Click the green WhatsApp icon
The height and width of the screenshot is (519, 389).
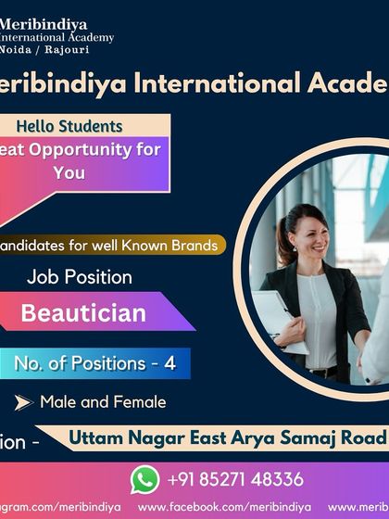[x=144, y=478]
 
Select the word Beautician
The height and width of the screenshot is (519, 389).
[x=83, y=312]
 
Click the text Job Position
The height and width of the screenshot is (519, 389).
[x=80, y=276]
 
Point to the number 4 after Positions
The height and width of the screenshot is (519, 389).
[x=169, y=364]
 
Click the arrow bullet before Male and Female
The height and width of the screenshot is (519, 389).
[x=23, y=402]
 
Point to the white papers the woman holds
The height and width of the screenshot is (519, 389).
[x=277, y=320]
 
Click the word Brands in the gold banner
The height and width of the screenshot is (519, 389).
[x=194, y=246]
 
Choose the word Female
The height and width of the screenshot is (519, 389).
[x=141, y=402]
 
